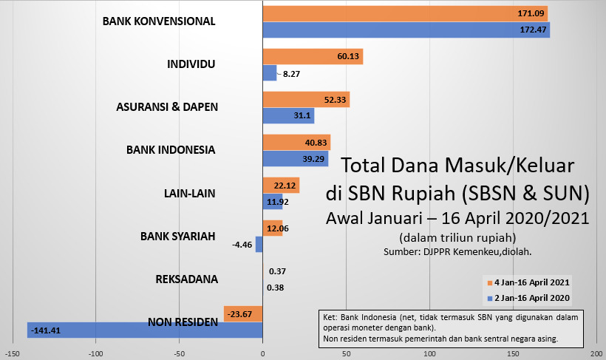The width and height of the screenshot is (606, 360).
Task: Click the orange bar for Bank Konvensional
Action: (406, 13)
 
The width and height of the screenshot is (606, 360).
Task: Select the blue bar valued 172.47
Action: (406, 30)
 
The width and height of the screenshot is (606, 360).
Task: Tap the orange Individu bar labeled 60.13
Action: (313, 56)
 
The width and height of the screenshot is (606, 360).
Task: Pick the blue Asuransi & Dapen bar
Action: (288, 115)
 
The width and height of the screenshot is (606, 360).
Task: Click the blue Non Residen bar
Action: (145, 330)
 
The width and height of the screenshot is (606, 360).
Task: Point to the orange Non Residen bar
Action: (243, 313)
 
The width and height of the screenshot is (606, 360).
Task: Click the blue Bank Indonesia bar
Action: (296, 158)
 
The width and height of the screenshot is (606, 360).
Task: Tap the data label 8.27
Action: (291, 73)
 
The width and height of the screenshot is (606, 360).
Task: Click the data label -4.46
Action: (243, 244)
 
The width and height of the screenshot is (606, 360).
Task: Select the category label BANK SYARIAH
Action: (177, 237)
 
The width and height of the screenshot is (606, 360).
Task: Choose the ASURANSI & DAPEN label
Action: (167, 106)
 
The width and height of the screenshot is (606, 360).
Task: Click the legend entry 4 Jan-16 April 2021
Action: (529, 283)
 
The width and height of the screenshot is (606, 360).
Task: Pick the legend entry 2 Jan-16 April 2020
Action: (529, 298)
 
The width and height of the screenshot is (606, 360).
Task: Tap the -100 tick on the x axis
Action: (95, 353)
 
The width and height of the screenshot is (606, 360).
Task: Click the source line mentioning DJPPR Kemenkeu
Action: (457, 252)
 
